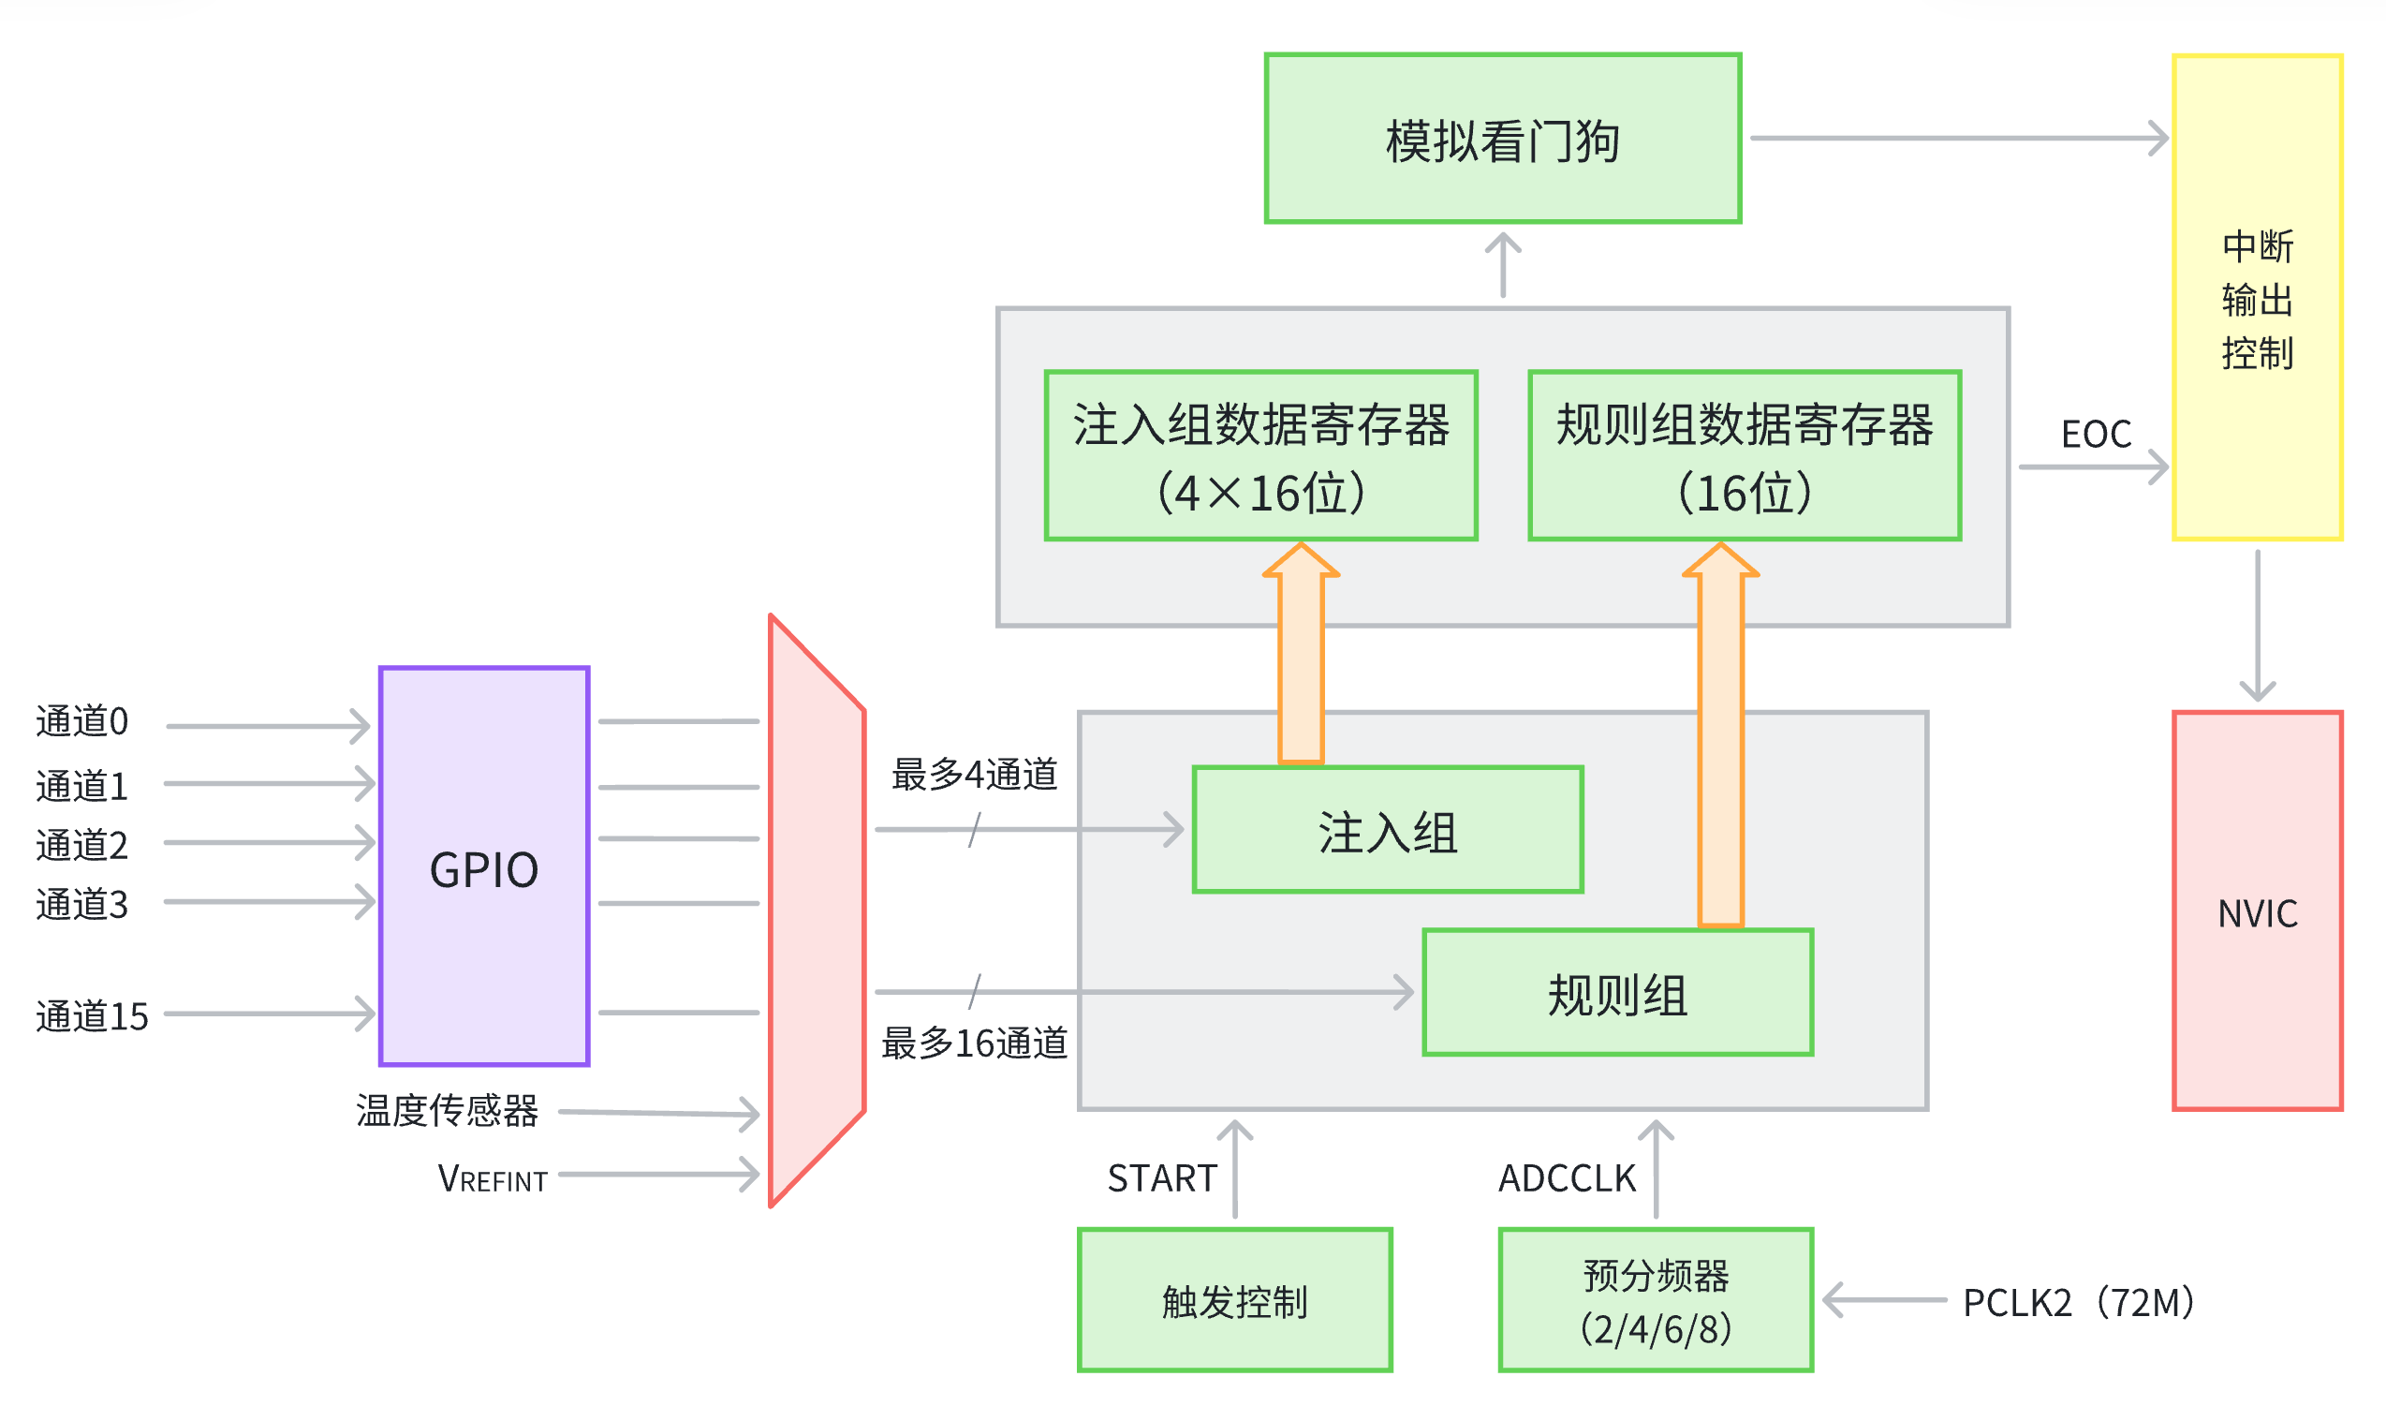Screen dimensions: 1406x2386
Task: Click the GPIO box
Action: [x=484, y=866]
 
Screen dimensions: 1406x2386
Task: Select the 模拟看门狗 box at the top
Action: [x=1502, y=139]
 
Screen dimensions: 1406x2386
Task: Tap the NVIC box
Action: [x=2256, y=910]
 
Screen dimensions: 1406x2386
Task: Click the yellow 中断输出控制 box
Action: [x=2256, y=298]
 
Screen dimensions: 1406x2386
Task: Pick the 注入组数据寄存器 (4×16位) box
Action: [x=1260, y=456]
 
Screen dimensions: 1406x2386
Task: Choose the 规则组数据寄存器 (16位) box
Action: [x=1744, y=456]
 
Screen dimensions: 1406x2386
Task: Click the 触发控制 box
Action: [x=1234, y=1300]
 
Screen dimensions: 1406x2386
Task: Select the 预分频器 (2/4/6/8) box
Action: [x=1655, y=1300]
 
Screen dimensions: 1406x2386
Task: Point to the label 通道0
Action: [x=81, y=722]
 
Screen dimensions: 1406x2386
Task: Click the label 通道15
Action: [x=92, y=1016]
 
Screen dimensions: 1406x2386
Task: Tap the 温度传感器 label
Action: [x=447, y=1110]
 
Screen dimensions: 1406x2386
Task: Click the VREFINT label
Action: [x=493, y=1178]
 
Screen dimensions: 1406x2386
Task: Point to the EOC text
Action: [x=2095, y=434]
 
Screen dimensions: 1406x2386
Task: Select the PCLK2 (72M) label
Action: [x=2079, y=1302]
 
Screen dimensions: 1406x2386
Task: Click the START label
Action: [x=1161, y=1178]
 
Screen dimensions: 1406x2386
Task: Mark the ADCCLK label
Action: [x=1567, y=1178]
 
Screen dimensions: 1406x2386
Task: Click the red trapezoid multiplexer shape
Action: [x=817, y=910]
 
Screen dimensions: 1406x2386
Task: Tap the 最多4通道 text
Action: [x=974, y=774]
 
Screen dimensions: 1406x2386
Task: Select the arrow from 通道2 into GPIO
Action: [x=270, y=842]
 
